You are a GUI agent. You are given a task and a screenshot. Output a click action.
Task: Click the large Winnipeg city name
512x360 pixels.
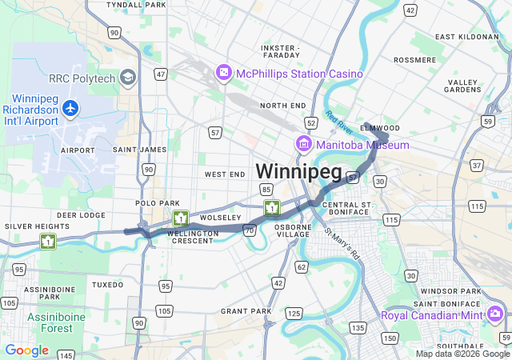point(298,171)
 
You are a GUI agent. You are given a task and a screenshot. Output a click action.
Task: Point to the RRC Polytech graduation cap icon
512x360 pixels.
point(128,77)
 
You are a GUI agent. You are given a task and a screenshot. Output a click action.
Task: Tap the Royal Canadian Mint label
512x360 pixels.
point(432,315)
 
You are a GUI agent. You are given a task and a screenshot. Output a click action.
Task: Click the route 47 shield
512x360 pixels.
point(161,74)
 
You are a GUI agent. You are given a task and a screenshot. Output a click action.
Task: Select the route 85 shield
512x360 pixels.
point(266,189)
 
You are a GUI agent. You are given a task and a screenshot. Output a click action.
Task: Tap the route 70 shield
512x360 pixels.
point(250,230)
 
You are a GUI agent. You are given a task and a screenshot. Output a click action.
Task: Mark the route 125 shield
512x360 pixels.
point(294,313)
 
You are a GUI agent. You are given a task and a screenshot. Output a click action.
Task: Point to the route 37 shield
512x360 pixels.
point(477,166)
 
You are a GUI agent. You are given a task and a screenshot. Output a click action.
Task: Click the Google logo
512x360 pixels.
point(26,350)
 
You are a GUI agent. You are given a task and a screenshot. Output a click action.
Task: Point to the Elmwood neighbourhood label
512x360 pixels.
point(380,127)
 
